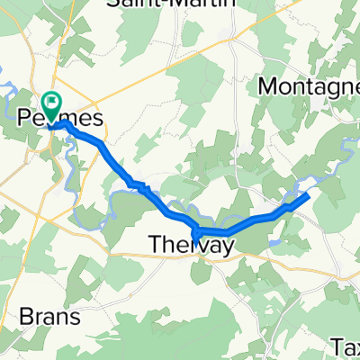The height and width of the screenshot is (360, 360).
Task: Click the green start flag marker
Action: (x=50, y=105)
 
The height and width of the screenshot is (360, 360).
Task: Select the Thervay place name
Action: (x=190, y=244)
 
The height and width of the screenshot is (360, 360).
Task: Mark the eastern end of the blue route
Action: (x=310, y=193)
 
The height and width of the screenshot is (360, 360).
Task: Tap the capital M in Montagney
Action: (x=268, y=86)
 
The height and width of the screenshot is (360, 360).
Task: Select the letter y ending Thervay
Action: (x=226, y=246)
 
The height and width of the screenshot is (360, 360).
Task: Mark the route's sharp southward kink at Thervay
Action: (x=195, y=237)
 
